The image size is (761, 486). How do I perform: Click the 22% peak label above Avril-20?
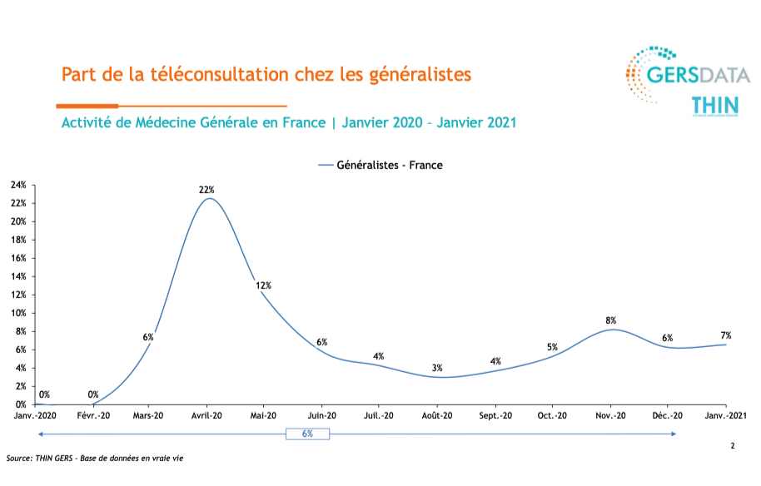click(206, 190)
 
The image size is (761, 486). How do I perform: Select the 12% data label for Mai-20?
click(263, 285)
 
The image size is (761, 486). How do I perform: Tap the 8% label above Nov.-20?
click(611, 320)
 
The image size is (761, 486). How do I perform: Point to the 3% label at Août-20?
click(437, 368)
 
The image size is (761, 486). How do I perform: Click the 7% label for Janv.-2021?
click(726, 335)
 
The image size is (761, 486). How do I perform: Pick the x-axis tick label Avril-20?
click(206, 415)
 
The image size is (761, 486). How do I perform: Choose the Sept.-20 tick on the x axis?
click(495, 415)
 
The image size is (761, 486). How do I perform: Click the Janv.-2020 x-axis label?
click(36, 415)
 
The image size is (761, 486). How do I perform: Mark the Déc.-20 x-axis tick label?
click(667, 415)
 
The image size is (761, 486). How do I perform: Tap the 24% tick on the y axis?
click(18, 185)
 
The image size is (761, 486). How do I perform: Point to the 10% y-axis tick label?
click(18, 313)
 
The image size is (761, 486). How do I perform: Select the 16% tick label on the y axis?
click(18, 258)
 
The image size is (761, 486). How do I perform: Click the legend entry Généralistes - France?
click(389, 165)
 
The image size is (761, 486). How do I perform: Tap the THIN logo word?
click(714, 106)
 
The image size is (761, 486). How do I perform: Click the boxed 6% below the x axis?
click(307, 434)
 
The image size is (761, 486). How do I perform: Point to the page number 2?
click(733, 447)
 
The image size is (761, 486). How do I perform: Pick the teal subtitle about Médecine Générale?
click(289, 123)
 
